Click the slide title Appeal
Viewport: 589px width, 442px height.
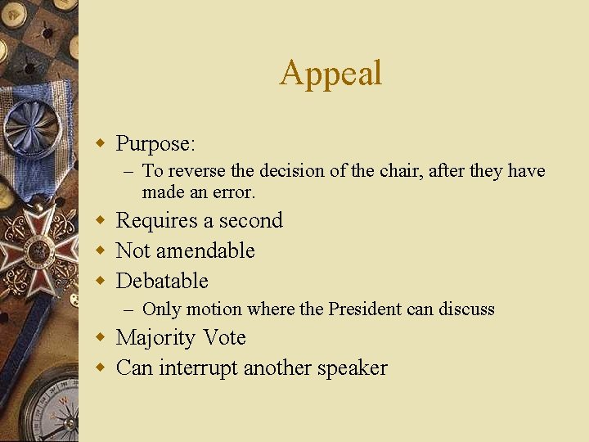click(x=330, y=73)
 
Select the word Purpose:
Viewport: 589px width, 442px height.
click(x=155, y=144)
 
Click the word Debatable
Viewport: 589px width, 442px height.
click(x=162, y=281)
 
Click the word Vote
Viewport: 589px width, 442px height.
click(x=224, y=338)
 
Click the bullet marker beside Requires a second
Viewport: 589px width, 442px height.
click(x=101, y=221)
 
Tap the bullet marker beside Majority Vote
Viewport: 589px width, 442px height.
click(x=101, y=338)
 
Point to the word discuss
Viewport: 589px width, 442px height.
click(x=467, y=309)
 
